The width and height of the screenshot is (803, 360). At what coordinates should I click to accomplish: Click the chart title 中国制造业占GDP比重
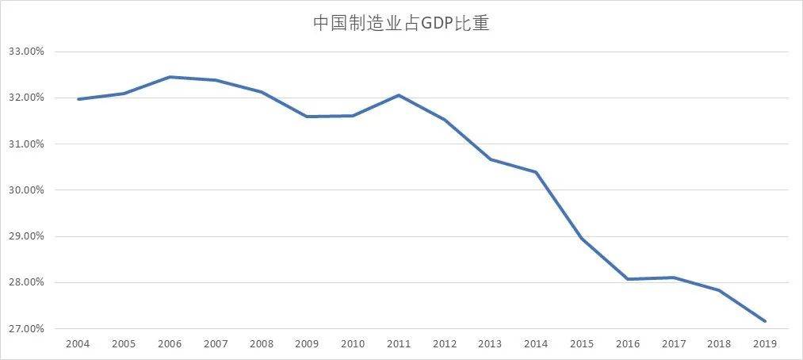401,24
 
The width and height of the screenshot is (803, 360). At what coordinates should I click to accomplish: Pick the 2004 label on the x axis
78,344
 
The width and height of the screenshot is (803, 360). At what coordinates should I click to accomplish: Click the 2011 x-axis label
398,344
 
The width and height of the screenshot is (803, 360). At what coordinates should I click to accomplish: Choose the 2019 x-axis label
765,344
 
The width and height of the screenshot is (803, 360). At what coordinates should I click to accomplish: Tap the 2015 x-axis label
582,344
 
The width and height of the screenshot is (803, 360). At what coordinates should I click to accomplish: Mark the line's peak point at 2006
170,77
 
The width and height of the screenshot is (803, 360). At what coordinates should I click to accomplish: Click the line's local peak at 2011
398,95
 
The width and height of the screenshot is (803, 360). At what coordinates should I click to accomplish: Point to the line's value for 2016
628,279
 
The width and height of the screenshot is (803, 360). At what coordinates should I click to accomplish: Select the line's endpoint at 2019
765,321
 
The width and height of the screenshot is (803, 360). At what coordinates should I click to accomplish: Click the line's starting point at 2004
78,99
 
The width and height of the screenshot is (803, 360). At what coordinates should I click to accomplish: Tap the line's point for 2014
536,172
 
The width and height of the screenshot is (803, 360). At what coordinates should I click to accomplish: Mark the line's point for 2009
307,117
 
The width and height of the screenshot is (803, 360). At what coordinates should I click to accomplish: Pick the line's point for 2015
582,238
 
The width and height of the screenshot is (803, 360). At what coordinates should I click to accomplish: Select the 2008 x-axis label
261,344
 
